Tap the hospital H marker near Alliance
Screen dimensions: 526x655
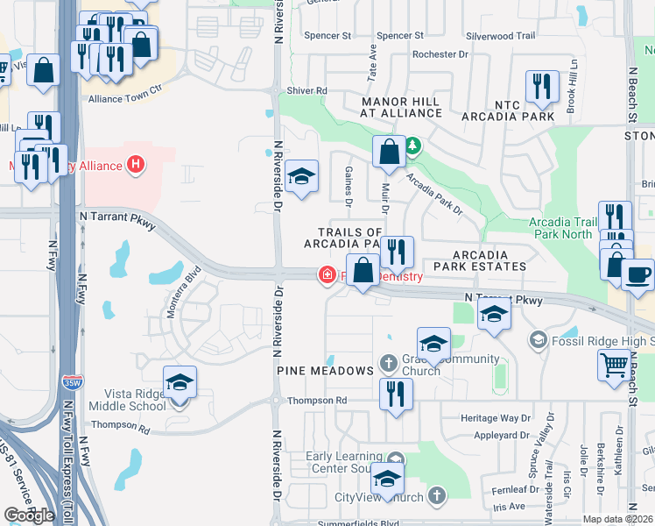(x=135, y=163)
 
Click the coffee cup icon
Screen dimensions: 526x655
(x=637, y=274)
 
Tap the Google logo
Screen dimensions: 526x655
(x=30, y=515)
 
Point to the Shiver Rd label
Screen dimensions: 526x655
(x=306, y=90)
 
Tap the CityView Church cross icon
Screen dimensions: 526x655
(x=435, y=497)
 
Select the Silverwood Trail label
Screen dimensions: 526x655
(x=500, y=36)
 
